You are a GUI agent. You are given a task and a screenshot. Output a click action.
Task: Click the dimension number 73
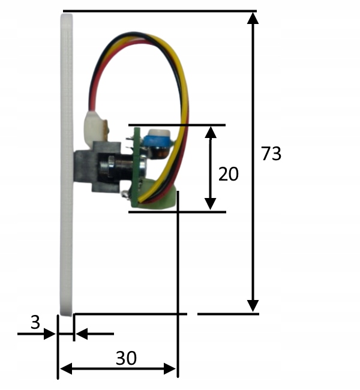[271, 154]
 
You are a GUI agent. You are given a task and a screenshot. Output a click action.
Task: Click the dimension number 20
[229, 174]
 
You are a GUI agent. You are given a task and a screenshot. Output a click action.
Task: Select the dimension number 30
[126, 358]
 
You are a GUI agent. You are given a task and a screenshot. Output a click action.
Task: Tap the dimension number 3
[35, 323]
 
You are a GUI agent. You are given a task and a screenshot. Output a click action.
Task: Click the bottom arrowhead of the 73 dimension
[253, 306]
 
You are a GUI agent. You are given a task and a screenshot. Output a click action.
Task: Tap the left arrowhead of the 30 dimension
[65, 368]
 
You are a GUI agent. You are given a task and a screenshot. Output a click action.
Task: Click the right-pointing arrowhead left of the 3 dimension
[50, 334]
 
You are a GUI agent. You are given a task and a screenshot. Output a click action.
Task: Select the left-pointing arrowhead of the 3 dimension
[81, 334]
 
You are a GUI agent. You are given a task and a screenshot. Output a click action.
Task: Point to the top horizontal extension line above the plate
[159, 11]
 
